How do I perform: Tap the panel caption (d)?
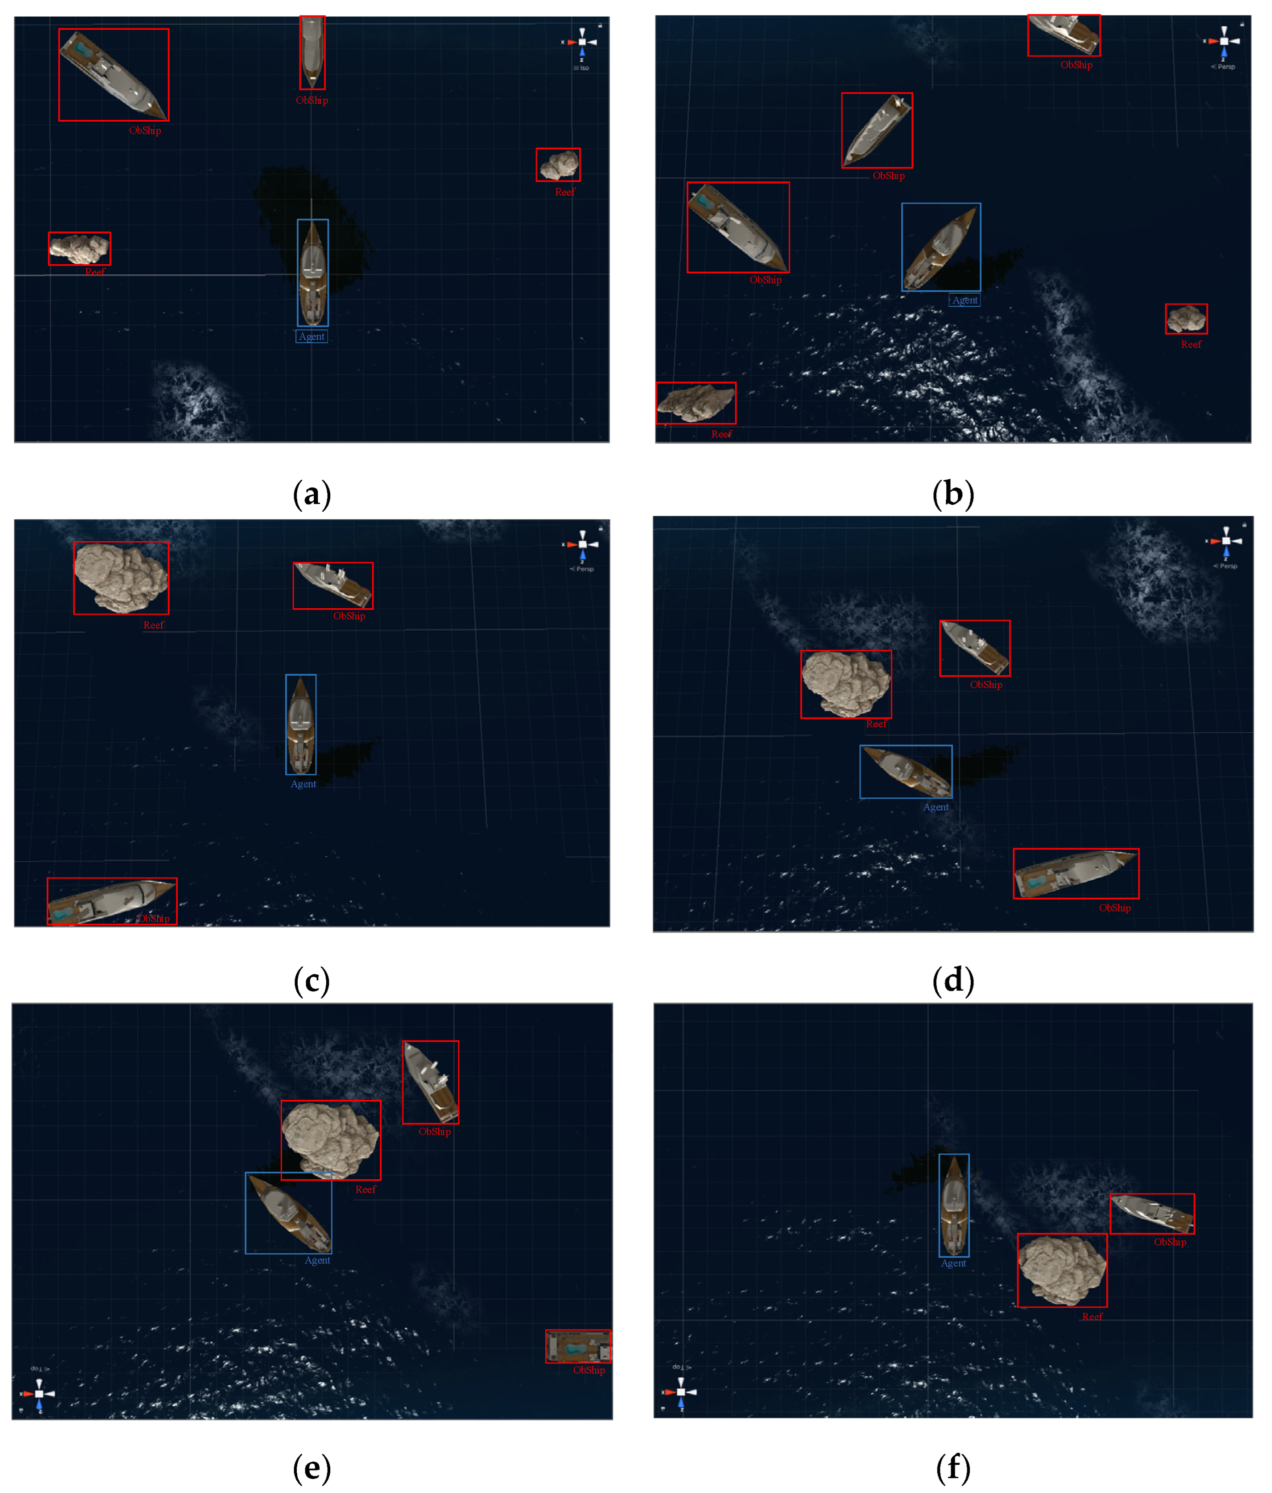(953, 981)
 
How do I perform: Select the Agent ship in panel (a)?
(312, 272)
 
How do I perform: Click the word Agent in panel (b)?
(964, 300)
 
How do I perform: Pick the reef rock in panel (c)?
(121, 577)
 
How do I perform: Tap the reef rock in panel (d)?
(845, 684)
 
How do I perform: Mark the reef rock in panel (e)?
(330, 1139)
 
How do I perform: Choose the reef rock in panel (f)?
(1062, 1270)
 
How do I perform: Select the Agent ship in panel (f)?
(954, 1205)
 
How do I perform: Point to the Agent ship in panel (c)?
(300, 724)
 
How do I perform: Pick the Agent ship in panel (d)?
(905, 772)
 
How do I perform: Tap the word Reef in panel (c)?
(153, 625)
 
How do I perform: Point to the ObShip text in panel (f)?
(1170, 1242)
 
